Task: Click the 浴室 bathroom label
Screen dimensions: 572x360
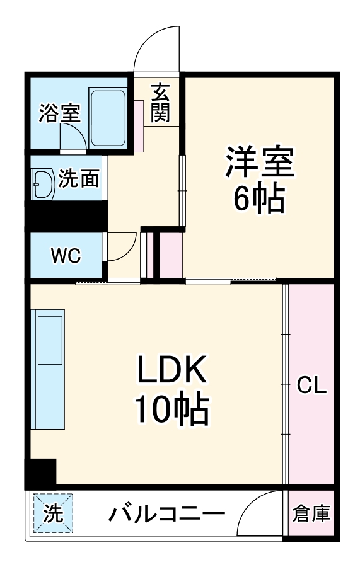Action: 59,113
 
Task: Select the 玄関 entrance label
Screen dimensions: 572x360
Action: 160,103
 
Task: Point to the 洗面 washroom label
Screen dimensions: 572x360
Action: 79,180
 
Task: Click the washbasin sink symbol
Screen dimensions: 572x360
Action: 42,184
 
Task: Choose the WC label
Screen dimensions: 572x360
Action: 66,256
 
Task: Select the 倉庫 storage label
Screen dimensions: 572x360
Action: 311,514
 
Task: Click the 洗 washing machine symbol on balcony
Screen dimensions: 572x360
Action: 53,513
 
